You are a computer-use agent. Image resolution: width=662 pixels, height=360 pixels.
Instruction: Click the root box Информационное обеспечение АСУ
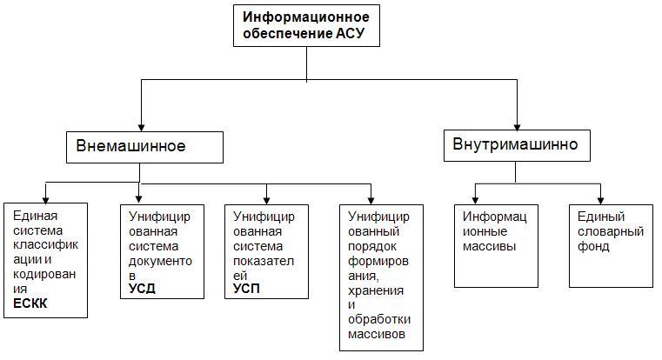[x=306, y=25]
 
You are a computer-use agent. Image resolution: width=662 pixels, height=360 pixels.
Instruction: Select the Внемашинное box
[x=144, y=147]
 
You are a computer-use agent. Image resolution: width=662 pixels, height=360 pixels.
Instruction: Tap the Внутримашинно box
[x=517, y=145]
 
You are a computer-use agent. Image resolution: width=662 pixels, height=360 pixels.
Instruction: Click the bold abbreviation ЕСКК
[x=30, y=303]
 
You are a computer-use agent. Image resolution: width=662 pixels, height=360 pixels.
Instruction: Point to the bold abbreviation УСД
[x=142, y=289]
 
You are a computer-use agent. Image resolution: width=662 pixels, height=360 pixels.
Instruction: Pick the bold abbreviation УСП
[x=246, y=289]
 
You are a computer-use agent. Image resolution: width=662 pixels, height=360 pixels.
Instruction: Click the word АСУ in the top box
[x=350, y=33]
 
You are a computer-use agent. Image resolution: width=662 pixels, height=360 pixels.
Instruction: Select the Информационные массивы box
[x=496, y=246]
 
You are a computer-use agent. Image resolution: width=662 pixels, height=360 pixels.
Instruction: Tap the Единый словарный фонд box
[x=611, y=246]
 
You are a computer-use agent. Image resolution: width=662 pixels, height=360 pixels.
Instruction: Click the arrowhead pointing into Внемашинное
[x=141, y=128]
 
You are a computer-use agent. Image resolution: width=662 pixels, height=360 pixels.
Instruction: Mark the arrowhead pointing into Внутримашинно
[x=517, y=127]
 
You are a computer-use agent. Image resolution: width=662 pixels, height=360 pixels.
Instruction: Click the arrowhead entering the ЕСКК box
[x=45, y=200]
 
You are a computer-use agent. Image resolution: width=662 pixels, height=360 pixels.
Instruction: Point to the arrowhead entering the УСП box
[x=266, y=201]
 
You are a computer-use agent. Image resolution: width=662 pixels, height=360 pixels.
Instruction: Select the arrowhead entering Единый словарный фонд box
[x=600, y=201]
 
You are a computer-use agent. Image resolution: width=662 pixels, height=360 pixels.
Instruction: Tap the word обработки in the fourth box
[x=379, y=319]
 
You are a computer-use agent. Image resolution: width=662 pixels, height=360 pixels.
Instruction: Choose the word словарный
[x=611, y=231]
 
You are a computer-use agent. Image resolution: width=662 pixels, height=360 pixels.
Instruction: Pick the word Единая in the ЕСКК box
[x=35, y=216]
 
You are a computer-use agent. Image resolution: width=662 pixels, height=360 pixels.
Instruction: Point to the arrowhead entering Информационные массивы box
[x=475, y=201]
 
